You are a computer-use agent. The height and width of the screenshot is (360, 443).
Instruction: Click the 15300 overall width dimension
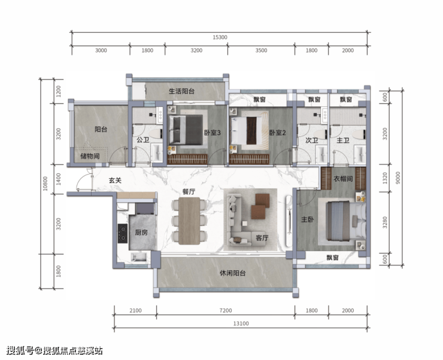[220, 37]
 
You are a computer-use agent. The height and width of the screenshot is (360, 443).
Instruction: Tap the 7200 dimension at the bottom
[226, 310]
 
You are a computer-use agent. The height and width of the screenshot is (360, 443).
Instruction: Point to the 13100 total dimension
[241, 324]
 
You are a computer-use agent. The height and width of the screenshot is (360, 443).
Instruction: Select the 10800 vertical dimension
[45, 184]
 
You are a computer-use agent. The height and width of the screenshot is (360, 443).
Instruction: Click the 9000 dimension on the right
[398, 178]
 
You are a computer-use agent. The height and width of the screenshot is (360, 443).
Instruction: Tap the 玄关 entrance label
[116, 180]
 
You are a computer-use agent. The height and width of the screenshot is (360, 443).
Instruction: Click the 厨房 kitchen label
[141, 232]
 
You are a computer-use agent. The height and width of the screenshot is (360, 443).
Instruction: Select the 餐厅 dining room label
[189, 191]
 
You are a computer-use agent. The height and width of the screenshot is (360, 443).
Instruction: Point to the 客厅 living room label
[262, 238]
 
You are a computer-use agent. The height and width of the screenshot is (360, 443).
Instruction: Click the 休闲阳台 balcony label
[233, 273]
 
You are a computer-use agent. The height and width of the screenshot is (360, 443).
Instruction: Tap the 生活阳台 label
[181, 91]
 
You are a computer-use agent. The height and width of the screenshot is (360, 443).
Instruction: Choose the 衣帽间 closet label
[343, 179]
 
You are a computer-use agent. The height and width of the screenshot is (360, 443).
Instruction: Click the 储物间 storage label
[90, 156]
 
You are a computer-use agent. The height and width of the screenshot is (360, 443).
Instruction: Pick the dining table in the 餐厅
[189, 221]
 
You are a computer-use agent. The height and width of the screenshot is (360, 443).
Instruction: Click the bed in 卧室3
[186, 130]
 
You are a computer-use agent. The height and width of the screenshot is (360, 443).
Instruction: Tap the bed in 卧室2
[246, 130]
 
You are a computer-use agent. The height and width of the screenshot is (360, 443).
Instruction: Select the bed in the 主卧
[346, 221]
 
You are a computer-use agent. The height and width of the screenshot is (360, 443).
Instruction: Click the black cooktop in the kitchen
[123, 233]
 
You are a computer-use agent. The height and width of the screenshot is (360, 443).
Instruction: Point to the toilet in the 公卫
[156, 134]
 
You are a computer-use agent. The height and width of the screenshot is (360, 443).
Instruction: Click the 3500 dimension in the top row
[261, 50]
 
